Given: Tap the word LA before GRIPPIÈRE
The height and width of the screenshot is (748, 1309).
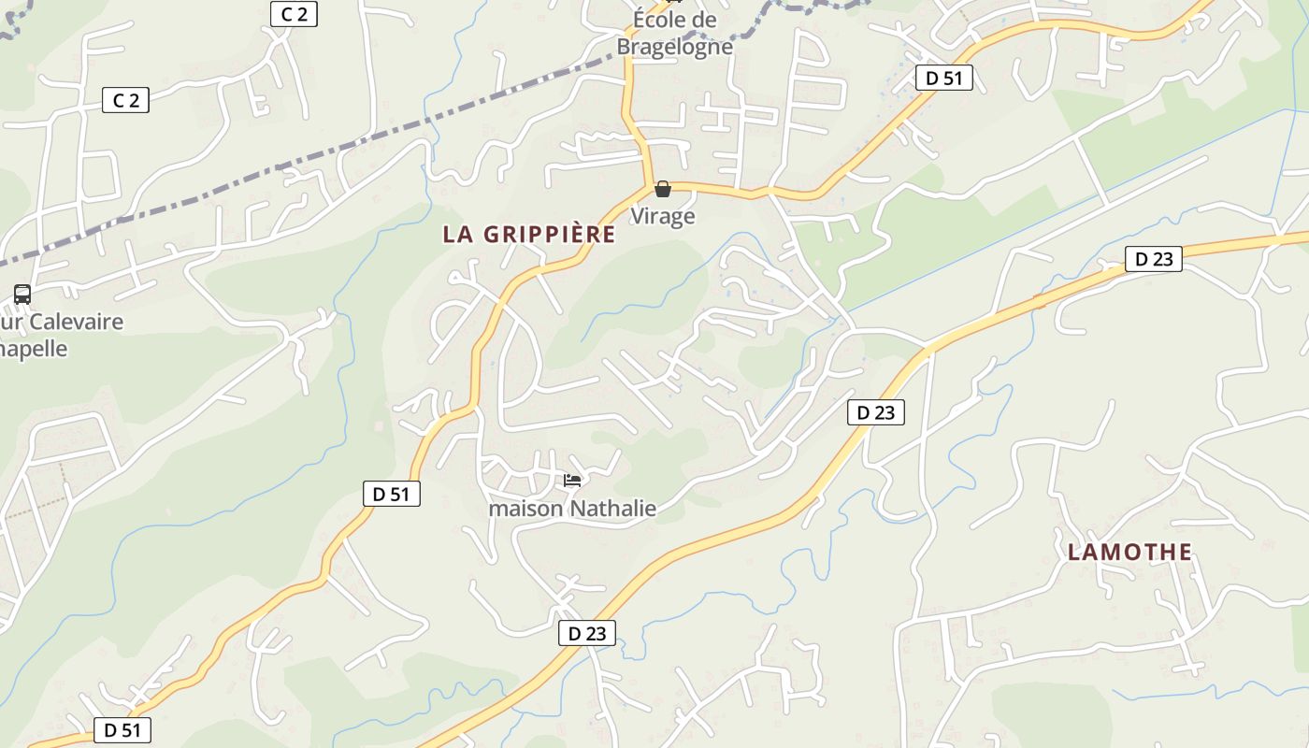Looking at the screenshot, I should pyautogui.click(x=457, y=235).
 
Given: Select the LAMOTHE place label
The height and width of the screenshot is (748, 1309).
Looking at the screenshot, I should pyautogui.click(x=1129, y=553).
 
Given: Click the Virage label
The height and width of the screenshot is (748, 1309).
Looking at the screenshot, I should pyautogui.click(x=663, y=216).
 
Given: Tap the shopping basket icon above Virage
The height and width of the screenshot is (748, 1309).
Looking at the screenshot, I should pyautogui.click(x=663, y=190).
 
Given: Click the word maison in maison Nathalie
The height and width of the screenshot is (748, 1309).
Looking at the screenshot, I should pyautogui.click(x=525, y=509).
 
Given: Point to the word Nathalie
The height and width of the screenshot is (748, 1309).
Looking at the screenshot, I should pyautogui.click(x=612, y=509).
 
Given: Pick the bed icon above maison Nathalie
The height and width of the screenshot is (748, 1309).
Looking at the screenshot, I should pyautogui.click(x=572, y=481).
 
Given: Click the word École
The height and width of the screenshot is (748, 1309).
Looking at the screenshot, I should pyautogui.click(x=661, y=21).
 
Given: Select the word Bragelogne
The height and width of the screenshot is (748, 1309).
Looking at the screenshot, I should pyautogui.click(x=674, y=45).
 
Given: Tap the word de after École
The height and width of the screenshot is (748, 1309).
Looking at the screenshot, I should pyautogui.click(x=705, y=21).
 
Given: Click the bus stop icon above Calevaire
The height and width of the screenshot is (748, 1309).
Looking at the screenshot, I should pyautogui.click(x=22, y=295).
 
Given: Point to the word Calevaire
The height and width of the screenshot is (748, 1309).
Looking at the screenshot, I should pyautogui.click(x=76, y=323).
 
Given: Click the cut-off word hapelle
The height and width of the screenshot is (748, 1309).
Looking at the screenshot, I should pyautogui.click(x=35, y=349).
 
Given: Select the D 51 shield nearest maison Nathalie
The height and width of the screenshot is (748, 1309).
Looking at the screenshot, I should pyautogui.click(x=392, y=494).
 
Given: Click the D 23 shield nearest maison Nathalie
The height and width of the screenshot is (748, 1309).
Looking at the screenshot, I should pyautogui.click(x=587, y=633).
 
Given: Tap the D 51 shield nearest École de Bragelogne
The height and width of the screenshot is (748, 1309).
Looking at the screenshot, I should pyautogui.click(x=943, y=78).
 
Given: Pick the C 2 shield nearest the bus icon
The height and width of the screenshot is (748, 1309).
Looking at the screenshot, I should pyautogui.click(x=125, y=100).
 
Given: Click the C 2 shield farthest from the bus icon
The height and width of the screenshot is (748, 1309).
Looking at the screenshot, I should pyautogui.click(x=294, y=14).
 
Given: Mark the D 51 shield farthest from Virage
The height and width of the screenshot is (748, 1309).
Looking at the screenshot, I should pyautogui.click(x=122, y=730).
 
